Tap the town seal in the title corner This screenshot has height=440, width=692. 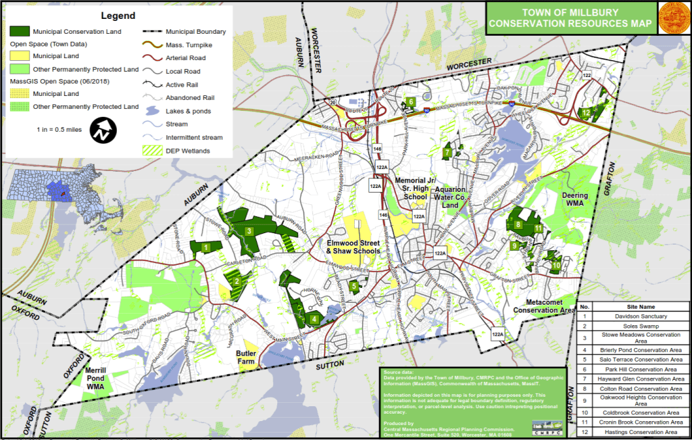click(673, 18)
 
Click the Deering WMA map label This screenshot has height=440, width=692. click(575, 199)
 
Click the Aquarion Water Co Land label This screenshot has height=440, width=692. click(451, 197)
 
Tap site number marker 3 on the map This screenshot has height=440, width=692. click(249, 231)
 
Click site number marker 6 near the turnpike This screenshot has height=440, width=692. click(411, 103)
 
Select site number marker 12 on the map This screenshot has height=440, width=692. click(587, 112)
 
